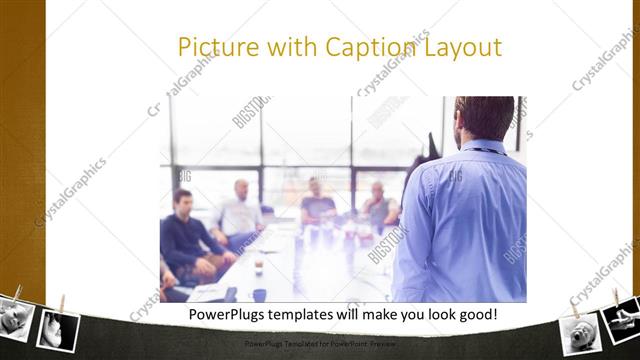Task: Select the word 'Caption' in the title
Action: point(363,47)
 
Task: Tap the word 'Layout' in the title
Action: point(462,47)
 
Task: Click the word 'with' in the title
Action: point(283,47)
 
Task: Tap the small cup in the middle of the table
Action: point(258,265)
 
